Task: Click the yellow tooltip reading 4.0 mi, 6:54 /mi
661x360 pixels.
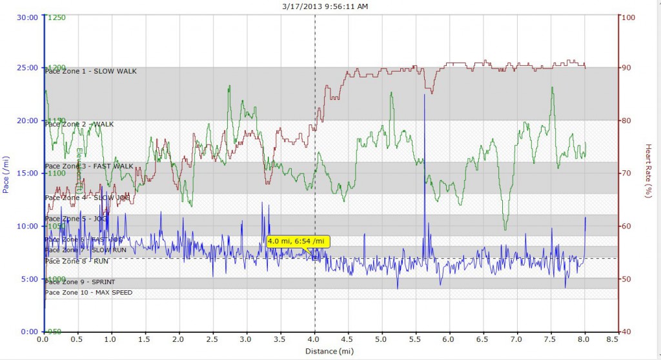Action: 298,242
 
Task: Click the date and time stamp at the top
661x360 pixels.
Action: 330,6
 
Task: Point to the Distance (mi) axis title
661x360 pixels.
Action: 330,351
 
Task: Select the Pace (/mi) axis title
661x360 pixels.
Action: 6,174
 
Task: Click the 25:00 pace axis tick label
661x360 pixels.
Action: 28,68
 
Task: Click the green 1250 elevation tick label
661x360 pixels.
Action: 57,17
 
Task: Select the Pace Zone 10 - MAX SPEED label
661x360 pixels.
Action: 88,293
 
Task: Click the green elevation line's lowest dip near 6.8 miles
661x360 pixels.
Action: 505,228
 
